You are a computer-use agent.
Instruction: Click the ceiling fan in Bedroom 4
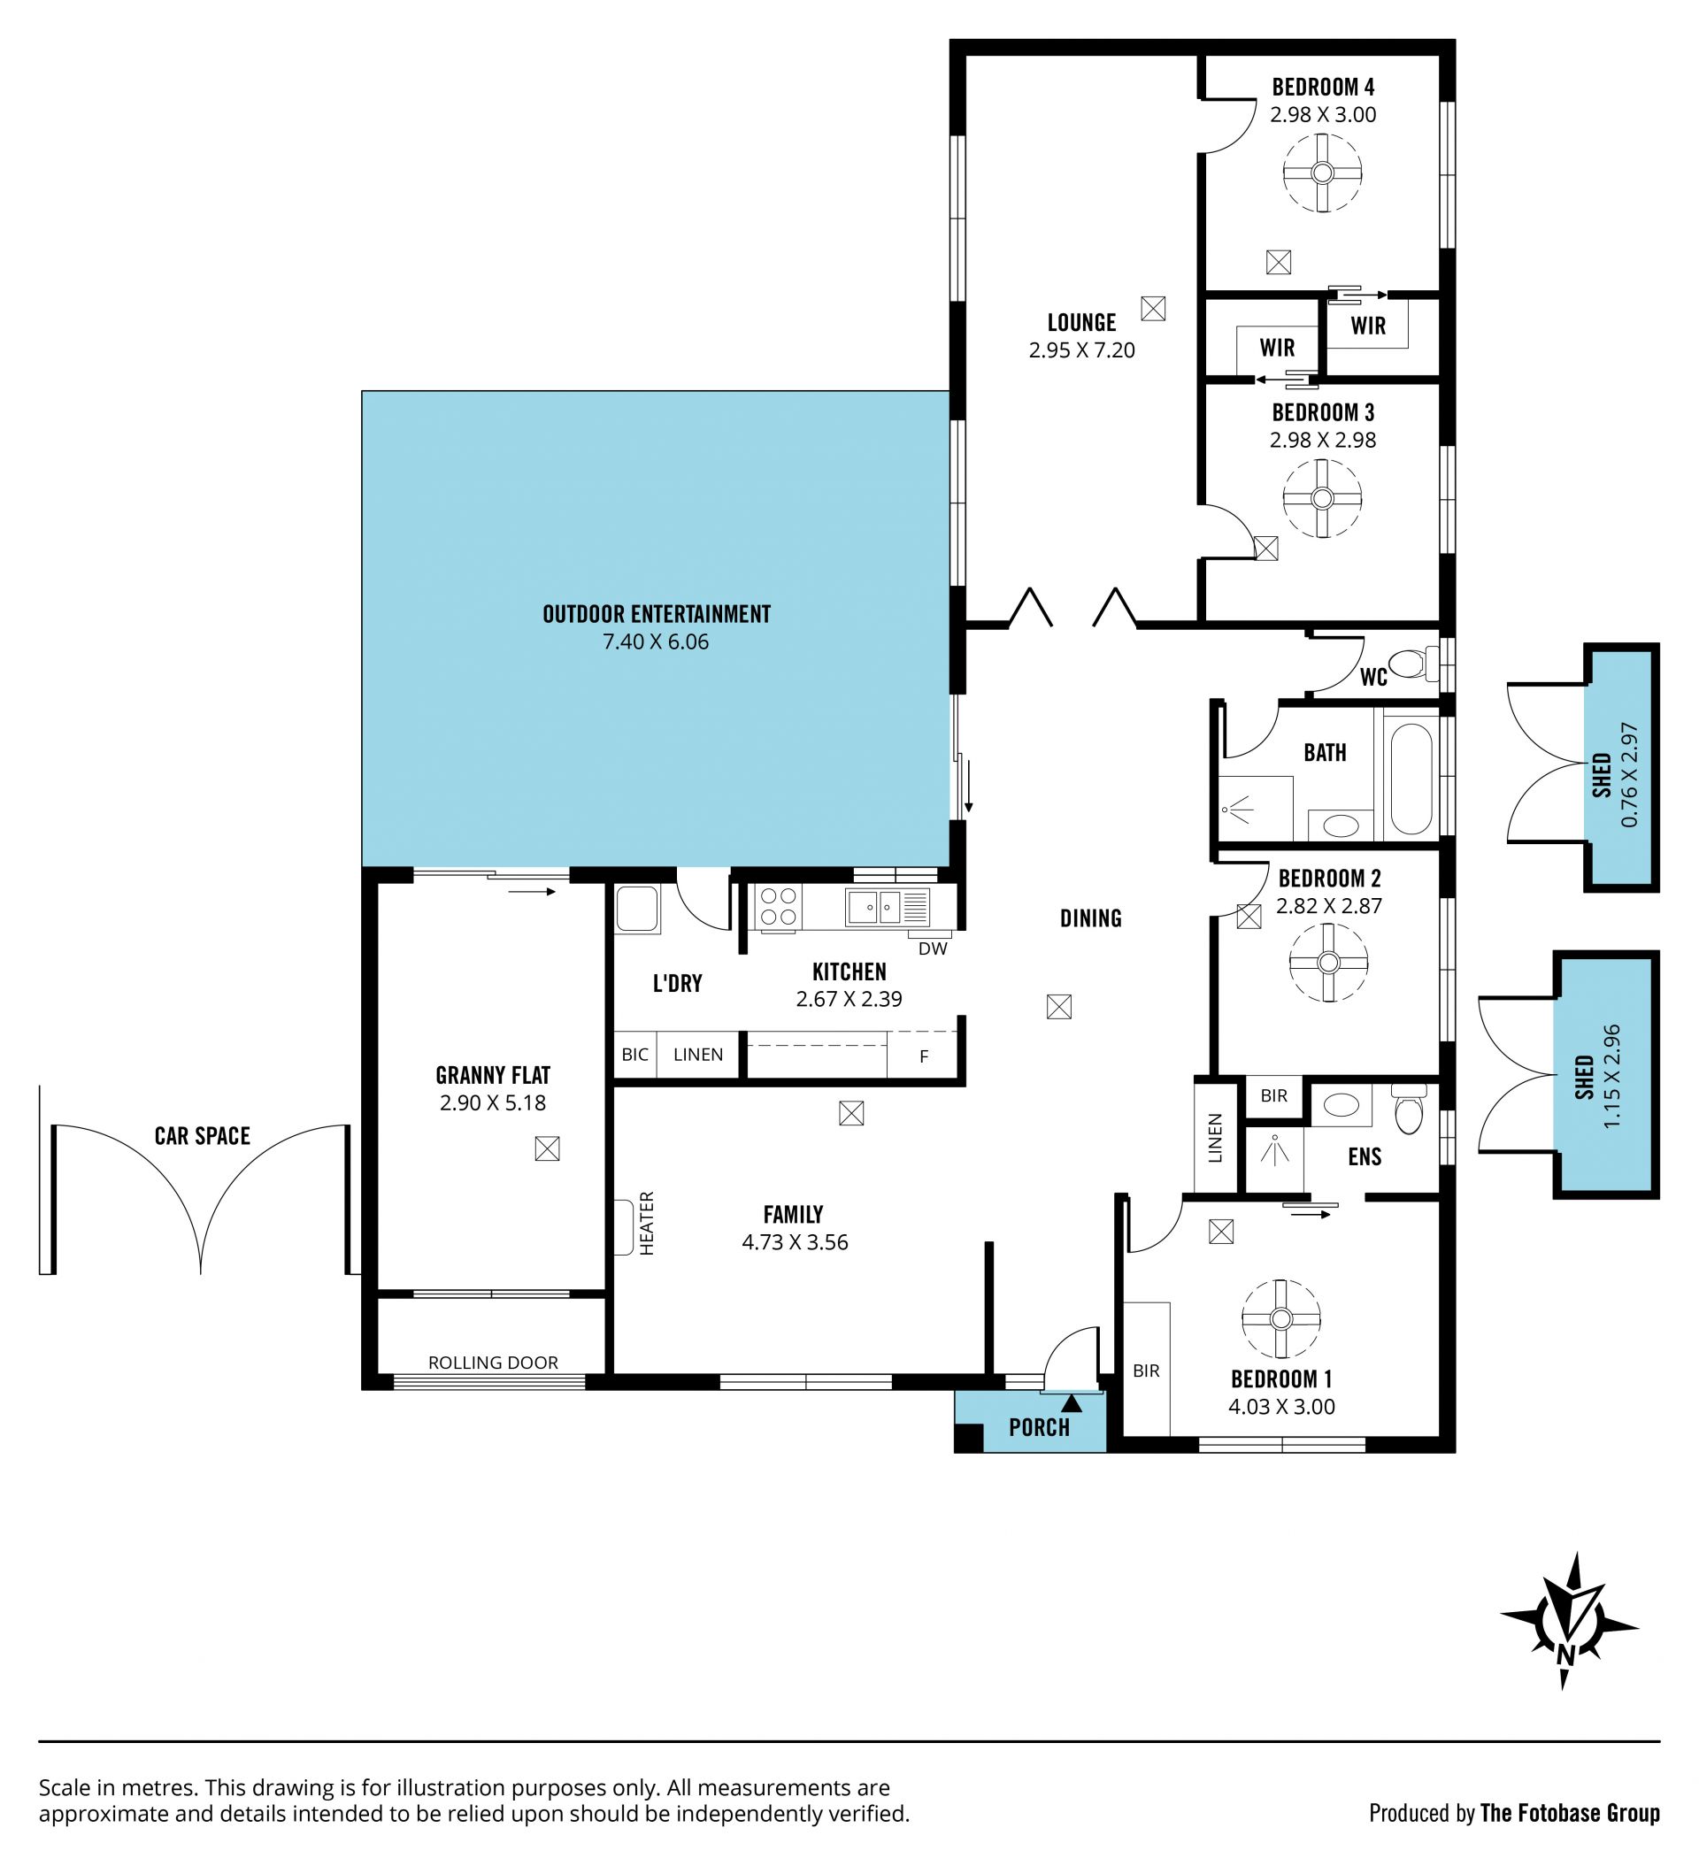1322,173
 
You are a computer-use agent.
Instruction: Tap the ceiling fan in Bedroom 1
1280,1319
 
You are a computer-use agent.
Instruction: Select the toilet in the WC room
1414,663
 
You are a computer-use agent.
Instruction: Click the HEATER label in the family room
646,1223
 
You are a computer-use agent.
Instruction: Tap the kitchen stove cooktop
778,905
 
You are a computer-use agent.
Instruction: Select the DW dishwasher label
933,948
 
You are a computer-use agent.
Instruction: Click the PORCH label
1039,1427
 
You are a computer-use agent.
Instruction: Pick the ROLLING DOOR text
493,1363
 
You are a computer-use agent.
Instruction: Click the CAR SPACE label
202,1136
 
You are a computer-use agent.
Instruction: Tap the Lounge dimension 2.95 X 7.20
1081,349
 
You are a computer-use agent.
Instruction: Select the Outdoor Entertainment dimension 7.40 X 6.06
656,641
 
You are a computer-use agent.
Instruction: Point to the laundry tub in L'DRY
637,909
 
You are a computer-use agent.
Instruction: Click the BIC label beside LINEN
635,1055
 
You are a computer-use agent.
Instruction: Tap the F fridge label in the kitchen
923,1056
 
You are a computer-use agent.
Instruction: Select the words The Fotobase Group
1570,1812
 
